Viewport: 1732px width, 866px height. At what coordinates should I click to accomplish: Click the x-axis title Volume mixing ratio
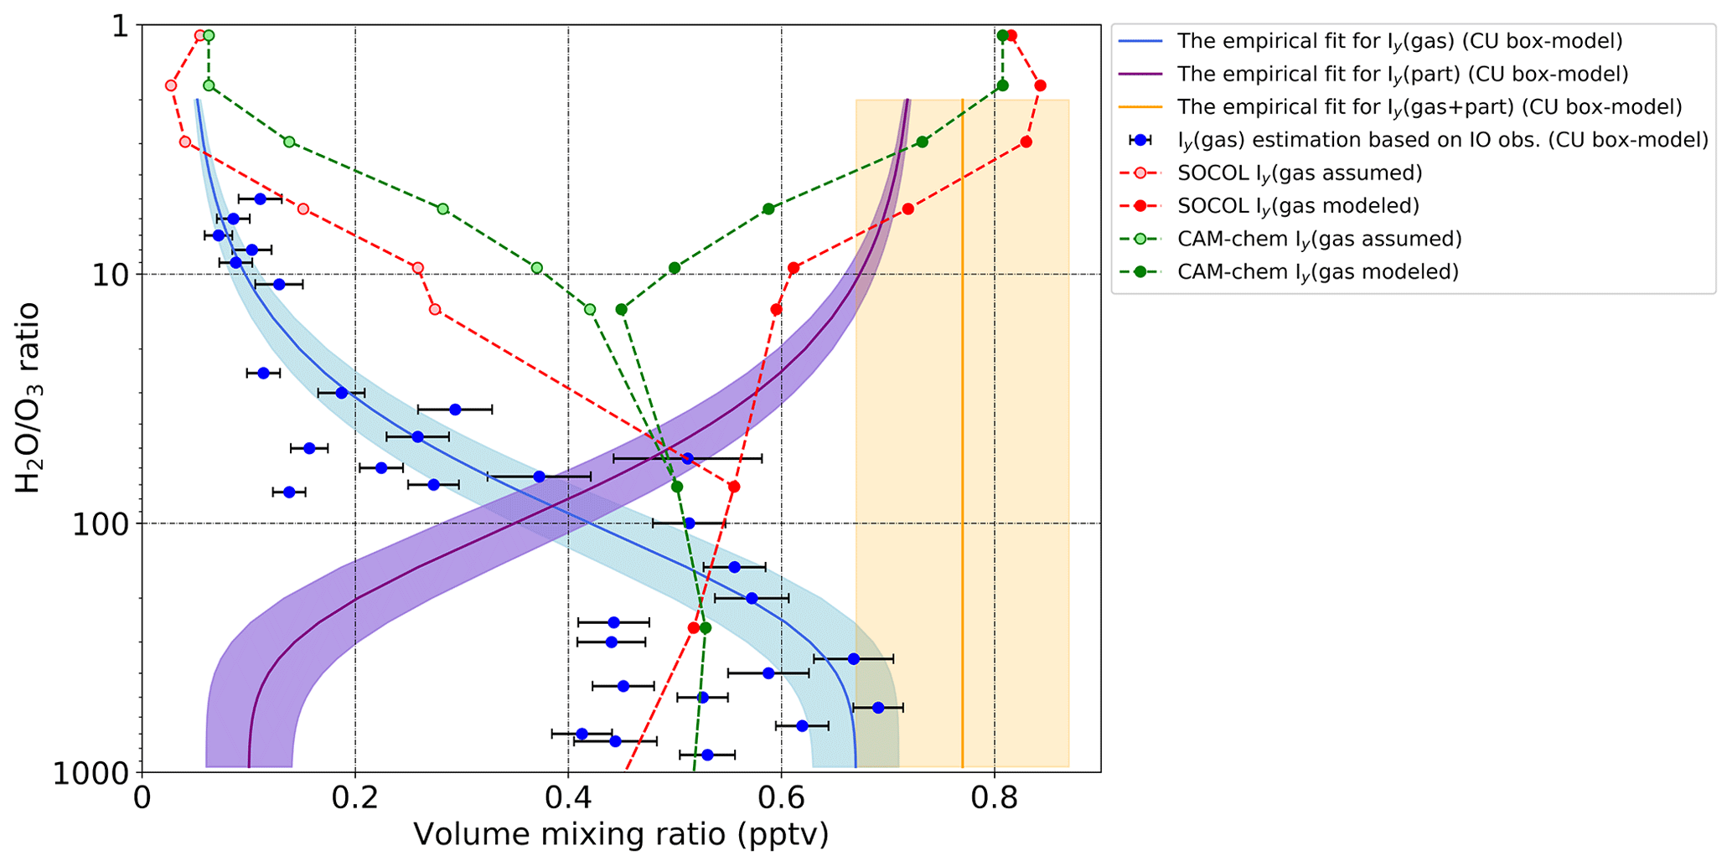click(x=621, y=835)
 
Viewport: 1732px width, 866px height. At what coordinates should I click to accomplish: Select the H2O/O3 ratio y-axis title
click(x=28, y=398)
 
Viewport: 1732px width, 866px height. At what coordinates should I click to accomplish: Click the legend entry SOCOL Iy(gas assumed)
click(x=1300, y=173)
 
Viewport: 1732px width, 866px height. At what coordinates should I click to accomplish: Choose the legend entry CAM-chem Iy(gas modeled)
click(x=1317, y=272)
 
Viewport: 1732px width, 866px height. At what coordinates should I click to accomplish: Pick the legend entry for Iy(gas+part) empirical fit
click(x=1429, y=107)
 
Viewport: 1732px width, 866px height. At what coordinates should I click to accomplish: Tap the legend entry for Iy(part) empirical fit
click(x=1402, y=75)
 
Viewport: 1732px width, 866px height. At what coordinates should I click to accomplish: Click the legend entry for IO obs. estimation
click(x=1442, y=140)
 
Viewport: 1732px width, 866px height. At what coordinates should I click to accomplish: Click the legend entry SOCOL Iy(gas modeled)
click(x=1298, y=206)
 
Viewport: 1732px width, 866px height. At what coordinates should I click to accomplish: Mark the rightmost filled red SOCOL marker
click(x=1040, y=85)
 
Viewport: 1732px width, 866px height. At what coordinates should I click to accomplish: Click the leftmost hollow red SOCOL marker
click(x=171, y=85)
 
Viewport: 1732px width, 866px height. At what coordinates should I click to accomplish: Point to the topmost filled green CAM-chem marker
click(x=1002, y=35)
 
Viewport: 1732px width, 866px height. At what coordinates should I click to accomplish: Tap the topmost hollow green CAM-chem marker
click(x=209, y=35)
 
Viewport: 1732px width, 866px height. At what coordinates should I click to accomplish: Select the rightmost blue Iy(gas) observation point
click(x=878, y=708)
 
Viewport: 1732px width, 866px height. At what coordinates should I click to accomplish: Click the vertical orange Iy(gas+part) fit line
click(x=962, y=419)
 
